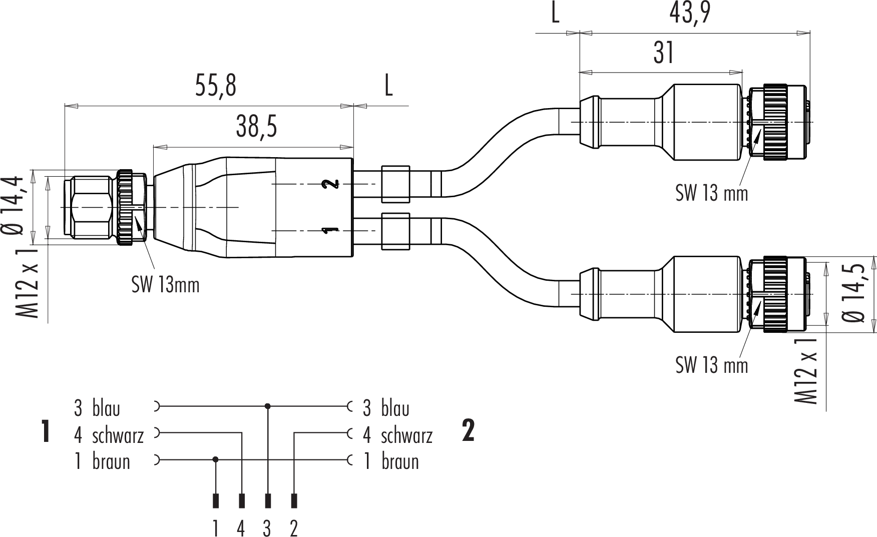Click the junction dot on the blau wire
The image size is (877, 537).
pos(268,406)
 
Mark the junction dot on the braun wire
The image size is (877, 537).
pos(216,459)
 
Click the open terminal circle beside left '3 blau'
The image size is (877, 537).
pos(156,406)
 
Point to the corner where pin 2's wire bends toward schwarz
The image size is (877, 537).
pos(294,432)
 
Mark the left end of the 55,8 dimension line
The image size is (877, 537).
pos(65,106)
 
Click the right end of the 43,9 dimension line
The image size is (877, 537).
pos(810,34)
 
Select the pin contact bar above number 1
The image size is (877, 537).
pos(216,500)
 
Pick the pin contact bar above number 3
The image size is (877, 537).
pos(268,500)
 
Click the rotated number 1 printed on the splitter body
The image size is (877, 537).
pos(330,230)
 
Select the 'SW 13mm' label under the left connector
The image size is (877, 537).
pos(166,285)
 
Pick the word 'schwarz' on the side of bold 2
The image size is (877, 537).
pos(406,435)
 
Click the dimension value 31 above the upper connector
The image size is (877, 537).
pos(664,53)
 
